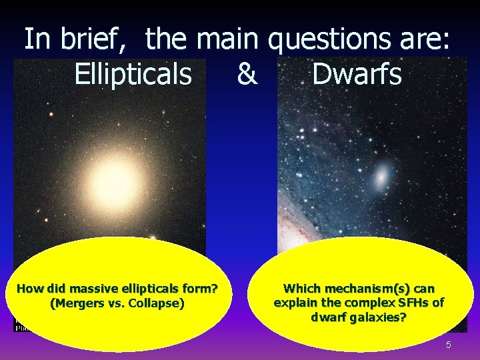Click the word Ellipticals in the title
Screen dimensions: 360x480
coord(133,75)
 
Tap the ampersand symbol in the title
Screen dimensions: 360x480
coord(247,75)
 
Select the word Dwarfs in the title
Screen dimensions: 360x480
coord(357,75)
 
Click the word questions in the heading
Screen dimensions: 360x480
coord(333,39)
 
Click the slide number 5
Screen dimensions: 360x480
coord(449,345)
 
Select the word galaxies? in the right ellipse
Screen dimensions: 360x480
coord(374,317)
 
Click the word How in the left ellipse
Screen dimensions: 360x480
coord(28,289)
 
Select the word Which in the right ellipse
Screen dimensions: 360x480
coord(302,289)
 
